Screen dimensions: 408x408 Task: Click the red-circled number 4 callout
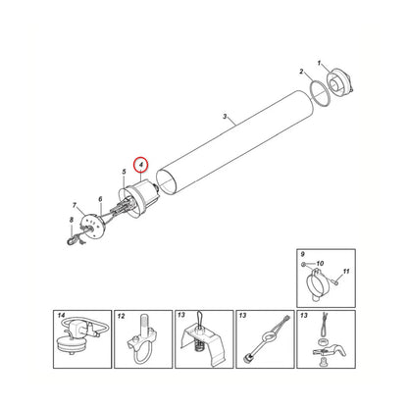pos(141,165)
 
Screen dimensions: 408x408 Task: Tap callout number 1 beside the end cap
pos(320,63)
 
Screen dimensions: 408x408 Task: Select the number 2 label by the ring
pos(301,72)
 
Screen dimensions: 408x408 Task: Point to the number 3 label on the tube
pos(225,117)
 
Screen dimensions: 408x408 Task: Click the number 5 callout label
pos(124,172)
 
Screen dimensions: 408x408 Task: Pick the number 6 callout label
pos(100,199)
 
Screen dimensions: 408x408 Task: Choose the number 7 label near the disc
pos(75,206)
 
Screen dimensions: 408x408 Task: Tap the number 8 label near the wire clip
pos(72,221)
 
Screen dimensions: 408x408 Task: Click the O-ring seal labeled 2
pos(319,94)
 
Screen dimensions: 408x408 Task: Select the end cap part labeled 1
pos(340,82)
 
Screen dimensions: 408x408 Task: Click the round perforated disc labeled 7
pos(93,226)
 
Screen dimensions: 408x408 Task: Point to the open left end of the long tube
pos(167,182)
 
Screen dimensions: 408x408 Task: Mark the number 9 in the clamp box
pos(302,254)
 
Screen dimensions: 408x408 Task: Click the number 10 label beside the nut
pos(320,263)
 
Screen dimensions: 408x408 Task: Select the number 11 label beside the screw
pos(346,271)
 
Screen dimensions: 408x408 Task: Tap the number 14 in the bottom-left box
pos(61,316)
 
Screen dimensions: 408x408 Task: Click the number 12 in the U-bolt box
pos(121,316)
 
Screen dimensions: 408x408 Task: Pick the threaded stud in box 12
pos(145,323)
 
